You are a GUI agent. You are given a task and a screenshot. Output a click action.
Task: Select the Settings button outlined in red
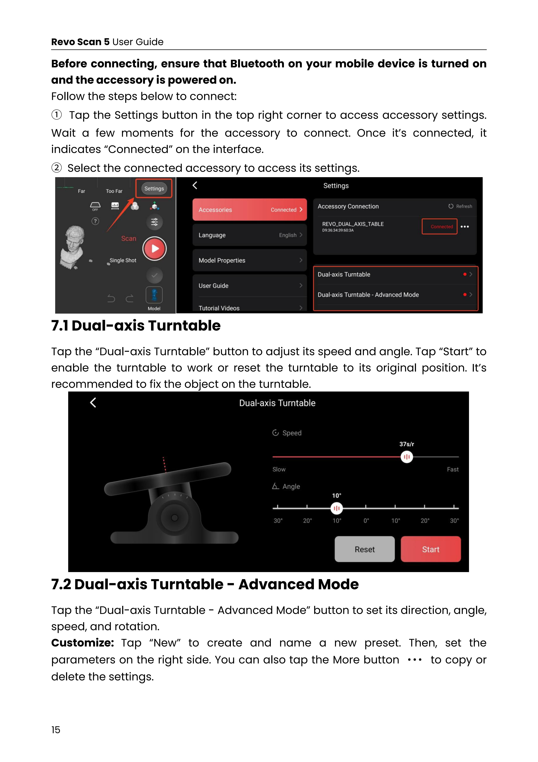[154, 189]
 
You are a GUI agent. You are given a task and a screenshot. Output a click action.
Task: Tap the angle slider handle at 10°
[337, 508]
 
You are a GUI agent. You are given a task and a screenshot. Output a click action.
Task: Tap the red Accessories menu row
[249, 210]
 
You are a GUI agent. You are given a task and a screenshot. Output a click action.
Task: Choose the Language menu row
[249, 235]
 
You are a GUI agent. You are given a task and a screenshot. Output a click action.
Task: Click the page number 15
[56, 729]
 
